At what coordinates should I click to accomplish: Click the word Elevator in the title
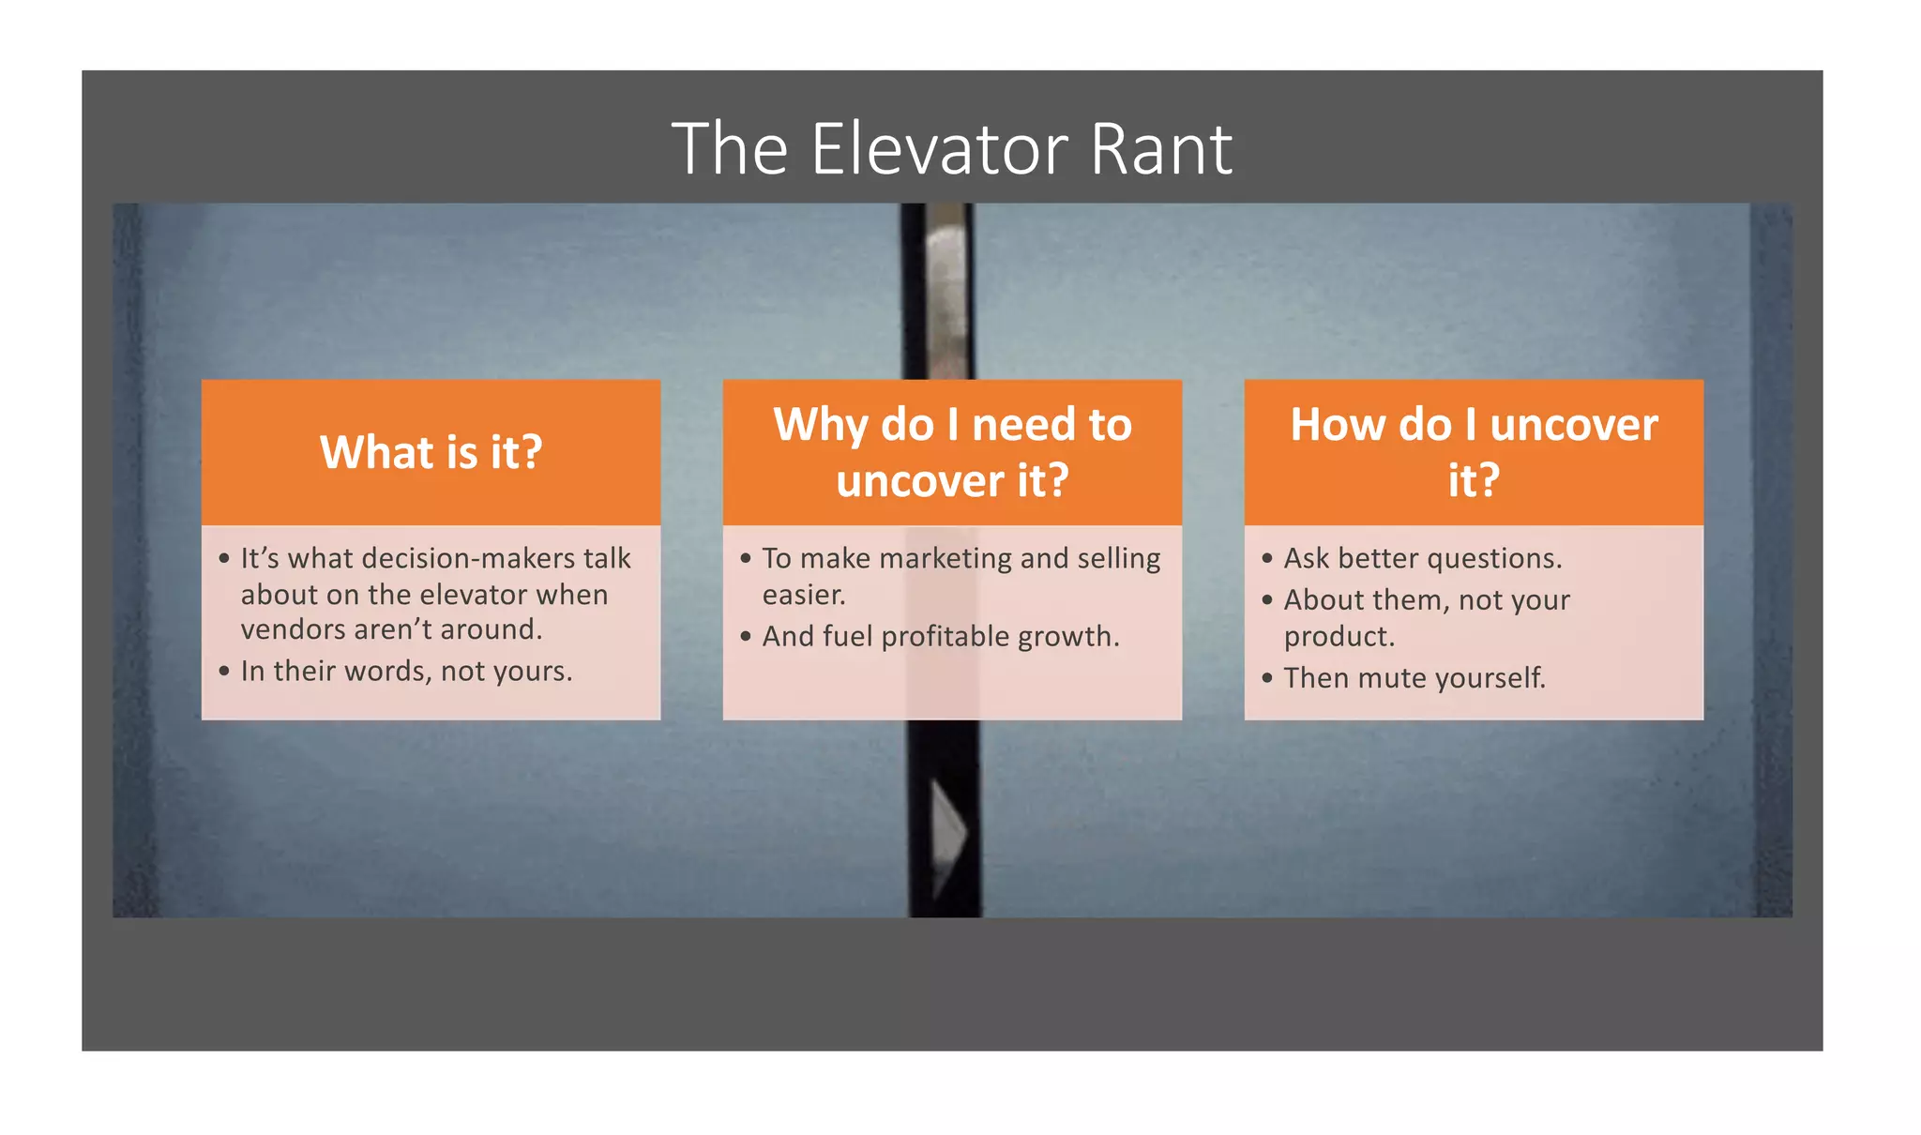point(938,149)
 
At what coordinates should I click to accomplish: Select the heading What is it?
point(431,452)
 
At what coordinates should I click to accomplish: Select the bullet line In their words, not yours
point(406,672)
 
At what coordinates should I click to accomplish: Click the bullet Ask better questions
point(1422,559)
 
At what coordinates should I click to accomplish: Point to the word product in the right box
point(1339,637)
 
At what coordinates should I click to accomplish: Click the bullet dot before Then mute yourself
point(1267,677)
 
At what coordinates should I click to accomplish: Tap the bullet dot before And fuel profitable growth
point(746,637)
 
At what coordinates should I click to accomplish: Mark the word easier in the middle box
point(803,596)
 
